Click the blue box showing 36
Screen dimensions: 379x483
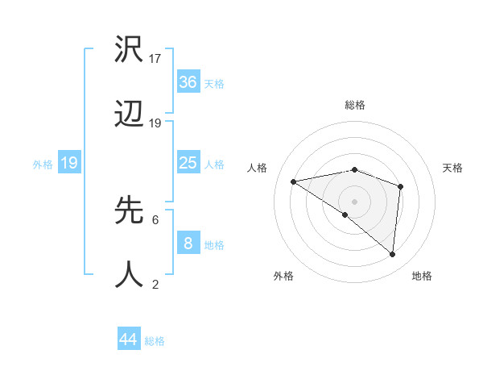point(188,82)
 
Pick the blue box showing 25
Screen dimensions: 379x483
point(188,163)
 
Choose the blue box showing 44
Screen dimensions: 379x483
point(129,339)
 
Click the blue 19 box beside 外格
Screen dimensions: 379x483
point(69,163)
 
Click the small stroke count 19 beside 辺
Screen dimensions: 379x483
point(156,123)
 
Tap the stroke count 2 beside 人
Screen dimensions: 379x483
point(155,284)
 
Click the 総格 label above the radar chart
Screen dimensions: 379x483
point(354,105)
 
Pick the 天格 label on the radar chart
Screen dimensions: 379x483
point(452,168)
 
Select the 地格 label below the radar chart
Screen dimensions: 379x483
point(422,277)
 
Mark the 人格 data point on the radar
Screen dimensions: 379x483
point(294,181)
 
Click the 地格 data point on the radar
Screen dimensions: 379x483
point(392,255)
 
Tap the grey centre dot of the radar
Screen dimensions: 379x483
point(354,201)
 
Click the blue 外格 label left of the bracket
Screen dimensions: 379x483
point(43,165)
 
